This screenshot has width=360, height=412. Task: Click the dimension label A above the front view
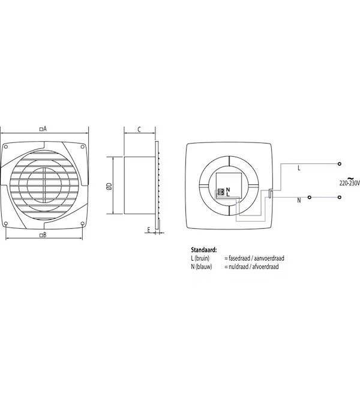click(x=43, y=128)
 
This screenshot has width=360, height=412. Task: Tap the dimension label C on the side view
click(x=139, y=129)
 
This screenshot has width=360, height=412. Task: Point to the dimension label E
click(x=148, y=229)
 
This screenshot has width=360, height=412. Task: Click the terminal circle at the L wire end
click(x=339, y=163)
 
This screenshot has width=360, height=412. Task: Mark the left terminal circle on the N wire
click(x=310, y=197)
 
